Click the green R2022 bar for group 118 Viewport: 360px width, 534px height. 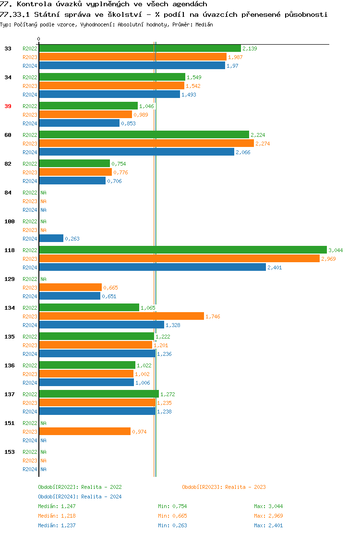click(182, 250)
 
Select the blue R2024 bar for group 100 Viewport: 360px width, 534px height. click(51, 238)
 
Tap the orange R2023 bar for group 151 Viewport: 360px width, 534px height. click(84, 431)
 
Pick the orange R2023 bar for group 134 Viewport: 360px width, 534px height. click(121, 316)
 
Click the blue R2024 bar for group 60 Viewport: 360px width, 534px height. click(136, 152)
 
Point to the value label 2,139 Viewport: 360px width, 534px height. click(250, 49)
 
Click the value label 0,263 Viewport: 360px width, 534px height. click(72, 239)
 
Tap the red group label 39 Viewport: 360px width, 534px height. click(8, 106)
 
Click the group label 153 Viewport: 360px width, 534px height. click(9, 452)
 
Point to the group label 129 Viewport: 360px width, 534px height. click(9, 279)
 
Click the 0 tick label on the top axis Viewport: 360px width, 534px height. click(39, 39)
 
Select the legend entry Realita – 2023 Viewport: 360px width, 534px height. click(224, 487)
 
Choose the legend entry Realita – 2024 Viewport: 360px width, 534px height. click(80, 497)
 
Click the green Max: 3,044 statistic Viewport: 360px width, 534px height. click(268, 506)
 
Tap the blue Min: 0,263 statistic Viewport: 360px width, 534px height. click(172, 525)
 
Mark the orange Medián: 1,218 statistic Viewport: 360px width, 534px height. click(57, 516)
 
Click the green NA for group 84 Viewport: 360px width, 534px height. click(43, 193)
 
